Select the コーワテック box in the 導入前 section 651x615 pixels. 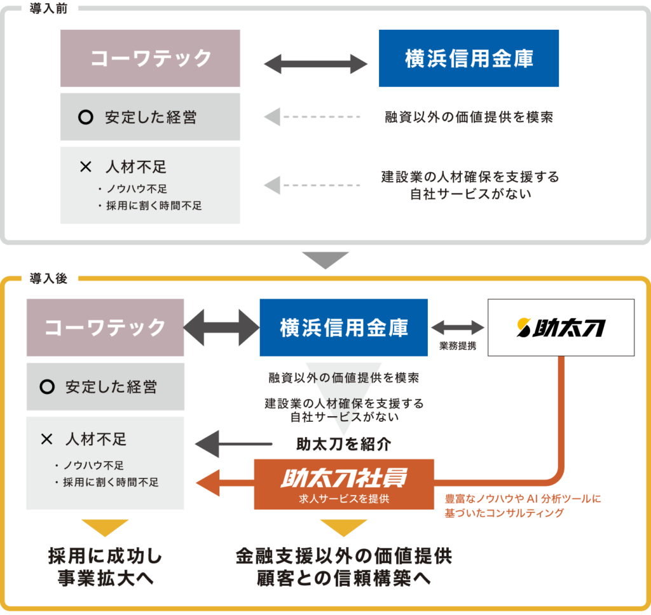point(150,58)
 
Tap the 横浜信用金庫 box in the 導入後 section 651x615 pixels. point(344,327)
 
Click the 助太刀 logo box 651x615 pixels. point(560,327)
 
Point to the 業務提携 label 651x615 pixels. point(458,347)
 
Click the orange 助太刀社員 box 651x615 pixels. point(344,483)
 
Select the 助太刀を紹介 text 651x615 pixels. point(344,443)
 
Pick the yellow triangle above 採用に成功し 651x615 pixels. point(105,527)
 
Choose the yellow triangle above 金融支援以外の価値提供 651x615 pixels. point(344,527)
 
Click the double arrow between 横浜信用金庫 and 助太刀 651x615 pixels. point(458,327)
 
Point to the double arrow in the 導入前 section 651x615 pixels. point(316,64)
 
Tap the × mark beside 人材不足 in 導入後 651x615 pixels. point(46,439)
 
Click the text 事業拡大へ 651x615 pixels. point(106,579)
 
